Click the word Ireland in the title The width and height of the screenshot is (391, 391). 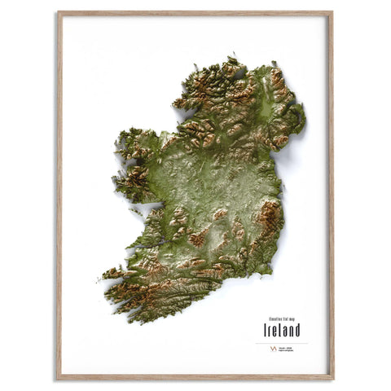point(281,330)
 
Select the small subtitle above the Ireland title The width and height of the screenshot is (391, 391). point(281,319)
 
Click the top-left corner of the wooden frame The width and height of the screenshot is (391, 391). point(58,13)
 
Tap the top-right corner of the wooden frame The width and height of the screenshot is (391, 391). point(332,13)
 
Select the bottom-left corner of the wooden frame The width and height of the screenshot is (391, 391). point(58,378)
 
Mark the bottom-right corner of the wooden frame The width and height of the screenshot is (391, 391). point(332,378)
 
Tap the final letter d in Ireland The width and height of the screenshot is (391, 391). point(297,330)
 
